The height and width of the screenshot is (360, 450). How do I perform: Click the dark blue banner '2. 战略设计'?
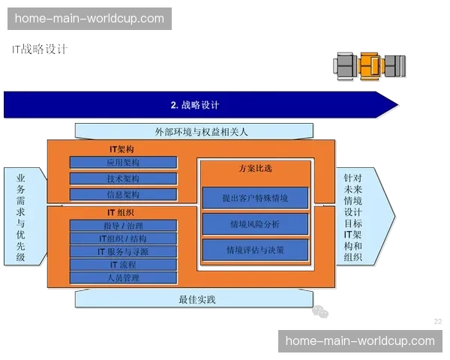pos(194,105)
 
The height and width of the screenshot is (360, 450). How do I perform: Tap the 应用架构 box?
pos(123,163)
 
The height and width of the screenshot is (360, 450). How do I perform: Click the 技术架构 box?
pos(123,179)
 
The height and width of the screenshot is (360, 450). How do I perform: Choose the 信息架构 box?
pos(123,195)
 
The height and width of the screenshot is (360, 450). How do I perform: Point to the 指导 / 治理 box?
pos(123,226)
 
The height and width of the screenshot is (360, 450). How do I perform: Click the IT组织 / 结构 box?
pos(123,238)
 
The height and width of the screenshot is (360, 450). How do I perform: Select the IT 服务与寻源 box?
pos(123,252)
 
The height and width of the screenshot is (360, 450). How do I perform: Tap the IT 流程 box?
pos(123,265)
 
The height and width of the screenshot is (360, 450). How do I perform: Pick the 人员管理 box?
pos(123,278)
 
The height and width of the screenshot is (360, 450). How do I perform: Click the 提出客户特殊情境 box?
pos(255,199)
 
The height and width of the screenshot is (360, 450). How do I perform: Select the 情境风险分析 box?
pos(255,224)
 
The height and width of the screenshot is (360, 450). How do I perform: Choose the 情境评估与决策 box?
pos(255,249)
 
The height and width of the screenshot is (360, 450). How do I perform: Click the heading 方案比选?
pos(255,169)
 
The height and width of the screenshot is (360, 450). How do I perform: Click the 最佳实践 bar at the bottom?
pos(196,300)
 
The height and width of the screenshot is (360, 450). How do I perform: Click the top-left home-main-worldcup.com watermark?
pos(89,19)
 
